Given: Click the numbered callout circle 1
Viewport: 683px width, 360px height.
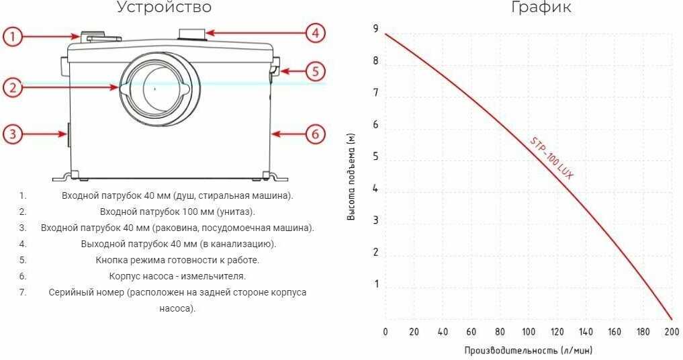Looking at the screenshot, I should click(13, 37).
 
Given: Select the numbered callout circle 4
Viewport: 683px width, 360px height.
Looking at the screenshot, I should click(315, 32).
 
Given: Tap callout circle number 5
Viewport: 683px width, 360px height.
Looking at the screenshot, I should click(316, 71).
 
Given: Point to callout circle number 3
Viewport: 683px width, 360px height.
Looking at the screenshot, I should click(13, 134).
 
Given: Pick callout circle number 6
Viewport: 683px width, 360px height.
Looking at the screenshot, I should click(316, 134).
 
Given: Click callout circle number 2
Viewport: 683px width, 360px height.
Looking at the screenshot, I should click(13, 87).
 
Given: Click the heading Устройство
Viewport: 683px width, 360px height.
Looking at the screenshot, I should click(164, 8).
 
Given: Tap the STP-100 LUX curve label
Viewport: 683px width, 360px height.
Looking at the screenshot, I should click(551, 158).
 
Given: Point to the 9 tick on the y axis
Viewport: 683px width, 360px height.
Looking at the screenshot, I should click(376, 30).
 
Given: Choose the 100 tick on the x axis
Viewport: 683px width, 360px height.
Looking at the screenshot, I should click(529, 332).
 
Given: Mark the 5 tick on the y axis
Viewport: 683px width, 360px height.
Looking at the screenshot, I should click(376, 157).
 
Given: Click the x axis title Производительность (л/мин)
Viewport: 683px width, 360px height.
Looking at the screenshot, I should click(529, 351).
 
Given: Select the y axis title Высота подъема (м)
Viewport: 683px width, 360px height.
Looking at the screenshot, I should click(351, 177).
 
